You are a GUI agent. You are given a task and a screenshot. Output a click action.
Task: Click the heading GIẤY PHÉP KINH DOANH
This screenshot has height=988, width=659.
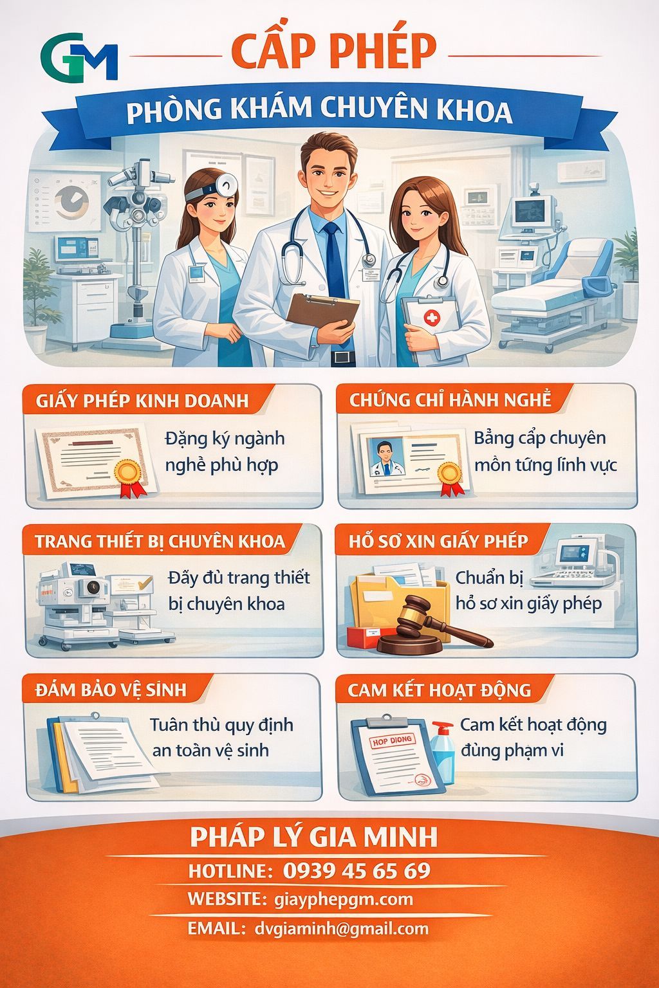coord(142,401)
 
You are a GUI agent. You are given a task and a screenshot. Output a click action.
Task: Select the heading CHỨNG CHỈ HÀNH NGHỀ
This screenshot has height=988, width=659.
coord(450,399)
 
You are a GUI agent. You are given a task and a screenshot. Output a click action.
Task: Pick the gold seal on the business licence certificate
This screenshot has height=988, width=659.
coord(128,473)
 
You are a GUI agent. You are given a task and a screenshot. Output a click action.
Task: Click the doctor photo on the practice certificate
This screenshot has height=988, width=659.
coord(384,457)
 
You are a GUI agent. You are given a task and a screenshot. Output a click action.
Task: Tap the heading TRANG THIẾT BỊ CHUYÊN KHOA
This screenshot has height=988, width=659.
coord(160,541)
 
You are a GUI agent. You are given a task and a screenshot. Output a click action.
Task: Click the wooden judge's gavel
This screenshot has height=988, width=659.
coord(431,621)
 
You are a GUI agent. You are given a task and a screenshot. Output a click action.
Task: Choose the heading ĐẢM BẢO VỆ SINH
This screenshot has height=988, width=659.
coord(111,690)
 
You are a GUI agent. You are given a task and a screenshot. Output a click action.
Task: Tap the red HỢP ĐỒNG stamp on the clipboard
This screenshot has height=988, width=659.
coord(393,742)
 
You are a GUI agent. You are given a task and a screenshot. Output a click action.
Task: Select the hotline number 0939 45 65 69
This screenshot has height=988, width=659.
coord(357,870)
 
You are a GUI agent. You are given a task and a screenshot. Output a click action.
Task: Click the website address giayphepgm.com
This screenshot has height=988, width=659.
coord(343,899)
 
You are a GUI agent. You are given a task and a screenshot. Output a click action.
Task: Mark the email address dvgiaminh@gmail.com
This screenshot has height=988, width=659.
coord(341,928)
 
